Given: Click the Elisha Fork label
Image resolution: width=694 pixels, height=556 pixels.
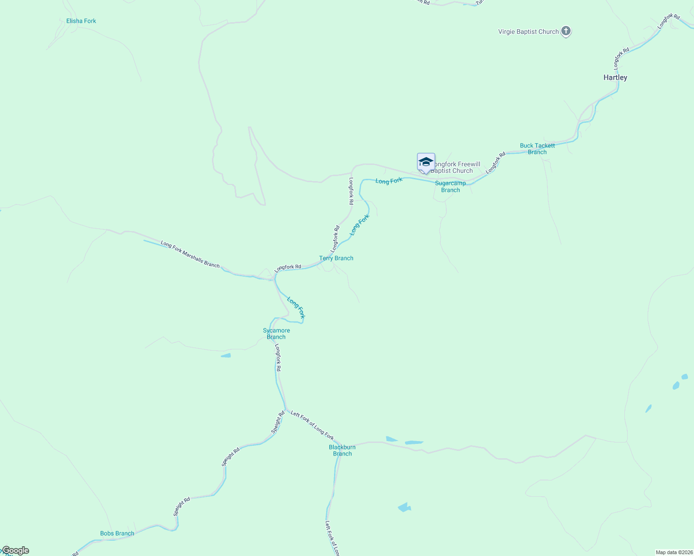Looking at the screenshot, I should coord(81,21).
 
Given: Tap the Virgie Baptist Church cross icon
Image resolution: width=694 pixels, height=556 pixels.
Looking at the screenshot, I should coord(566,32).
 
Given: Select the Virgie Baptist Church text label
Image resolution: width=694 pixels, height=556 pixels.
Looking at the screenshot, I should coord(528,32).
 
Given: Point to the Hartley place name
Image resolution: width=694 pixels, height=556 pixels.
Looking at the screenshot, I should coord(615,77).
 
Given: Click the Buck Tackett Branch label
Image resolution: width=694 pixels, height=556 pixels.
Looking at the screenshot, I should coord(537,149).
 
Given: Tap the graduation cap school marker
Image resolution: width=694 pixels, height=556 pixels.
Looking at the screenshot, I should coord(426,162).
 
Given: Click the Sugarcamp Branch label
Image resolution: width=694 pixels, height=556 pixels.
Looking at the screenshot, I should coord(450,186).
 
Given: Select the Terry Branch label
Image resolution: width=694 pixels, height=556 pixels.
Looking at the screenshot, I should coord(336,258).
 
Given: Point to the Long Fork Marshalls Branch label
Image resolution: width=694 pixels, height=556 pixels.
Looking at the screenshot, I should coord(190,254).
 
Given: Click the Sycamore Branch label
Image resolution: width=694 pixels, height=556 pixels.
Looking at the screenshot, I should coord(276,334).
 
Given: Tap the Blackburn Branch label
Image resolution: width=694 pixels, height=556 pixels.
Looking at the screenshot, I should coord(342,450).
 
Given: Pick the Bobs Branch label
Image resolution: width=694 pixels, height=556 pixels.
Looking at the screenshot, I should coord(117,533).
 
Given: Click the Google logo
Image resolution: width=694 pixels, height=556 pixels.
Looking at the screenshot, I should coord(15,550).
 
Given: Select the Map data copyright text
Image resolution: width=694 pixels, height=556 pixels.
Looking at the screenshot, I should coord(674,552).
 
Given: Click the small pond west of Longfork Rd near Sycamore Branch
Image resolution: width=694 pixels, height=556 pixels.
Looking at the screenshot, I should coord(226,356).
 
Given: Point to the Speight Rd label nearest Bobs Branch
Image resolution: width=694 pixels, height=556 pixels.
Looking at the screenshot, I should coord(182,507).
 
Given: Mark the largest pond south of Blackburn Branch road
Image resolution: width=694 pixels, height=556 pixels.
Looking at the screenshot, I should coord(405,507).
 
